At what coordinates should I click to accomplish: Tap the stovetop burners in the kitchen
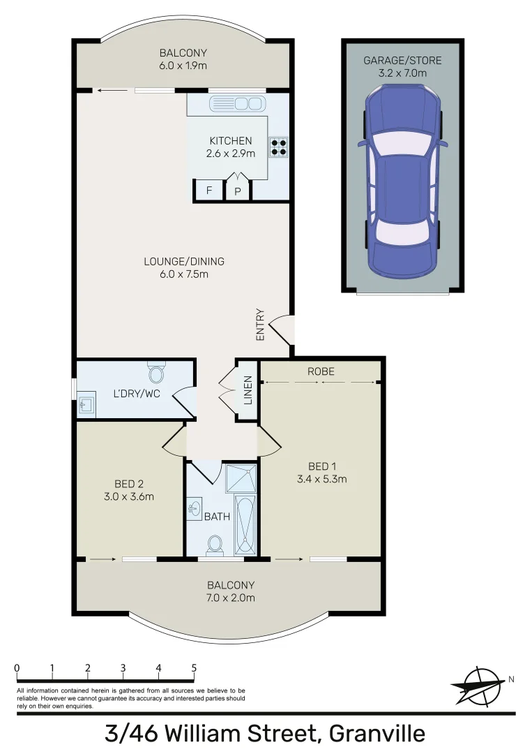coord(279,145)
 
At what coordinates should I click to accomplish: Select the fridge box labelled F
coord(208,191)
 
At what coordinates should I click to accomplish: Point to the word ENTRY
coord(261,325)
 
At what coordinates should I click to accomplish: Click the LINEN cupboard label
coord(248,391)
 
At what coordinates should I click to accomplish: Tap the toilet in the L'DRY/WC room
coord(155,374)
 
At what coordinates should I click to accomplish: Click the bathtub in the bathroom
coord(246,524)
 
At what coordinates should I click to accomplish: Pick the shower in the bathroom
coord(241,479)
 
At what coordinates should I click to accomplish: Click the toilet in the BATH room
coord(215,544)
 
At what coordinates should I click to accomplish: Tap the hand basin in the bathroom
coord(195,508)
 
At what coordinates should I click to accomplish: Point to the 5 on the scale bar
coord(194,668)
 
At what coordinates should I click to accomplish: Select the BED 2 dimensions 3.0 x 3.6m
coord(130,497)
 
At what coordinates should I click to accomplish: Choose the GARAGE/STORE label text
coord(402,61)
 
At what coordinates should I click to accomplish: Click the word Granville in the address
coord(377,734)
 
